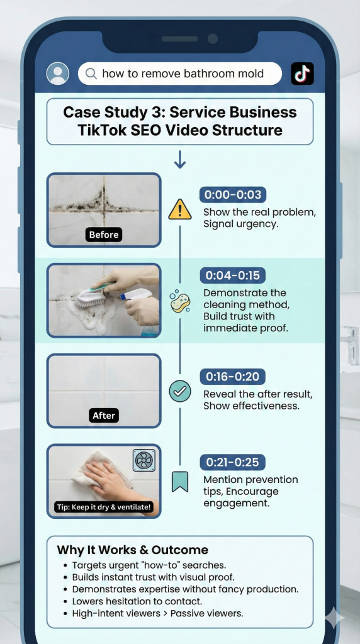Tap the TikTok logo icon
(x=302, y=74)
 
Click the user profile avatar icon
(x=57, y=74)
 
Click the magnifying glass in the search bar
(x=91, y=74)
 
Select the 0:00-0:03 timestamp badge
(x=233, y=195)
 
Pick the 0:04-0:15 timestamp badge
(x=233, y=275)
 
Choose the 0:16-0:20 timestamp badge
(x=233, y=377)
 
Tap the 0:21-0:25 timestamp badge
(x=233, y=462)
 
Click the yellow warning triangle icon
(x=180, y=209)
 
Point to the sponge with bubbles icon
(x=180, y=301)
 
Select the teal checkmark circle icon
(x=180, y=391)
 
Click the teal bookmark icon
(x=180, y=482)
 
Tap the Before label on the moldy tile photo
(x=104, y=235)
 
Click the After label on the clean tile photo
(x=104, y=415)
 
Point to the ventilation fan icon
(x=144, y=460)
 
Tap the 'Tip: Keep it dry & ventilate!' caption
(x=104, y=507)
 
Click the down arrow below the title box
(x=180, y=159)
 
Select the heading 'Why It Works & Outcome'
(x=133, y=550)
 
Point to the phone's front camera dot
(x=213, y=39)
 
